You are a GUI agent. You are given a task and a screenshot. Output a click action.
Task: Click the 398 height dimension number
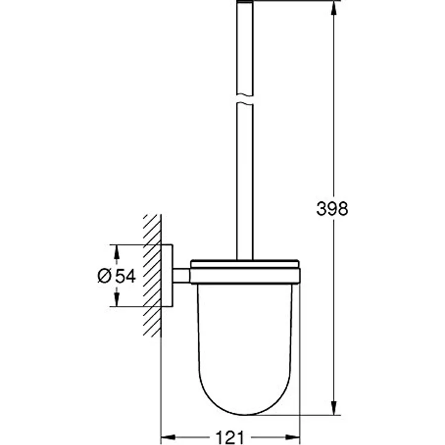coord(332,209)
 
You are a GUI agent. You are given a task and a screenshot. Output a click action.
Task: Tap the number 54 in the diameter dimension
coord(125,276)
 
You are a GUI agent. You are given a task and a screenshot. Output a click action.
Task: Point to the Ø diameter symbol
coord(104,276)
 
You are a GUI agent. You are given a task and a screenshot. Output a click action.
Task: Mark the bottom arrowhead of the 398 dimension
coord(333,409)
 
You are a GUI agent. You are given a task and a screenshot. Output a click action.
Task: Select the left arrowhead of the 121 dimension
coord(166,436)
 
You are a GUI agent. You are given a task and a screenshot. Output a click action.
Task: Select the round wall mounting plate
coord(167,275)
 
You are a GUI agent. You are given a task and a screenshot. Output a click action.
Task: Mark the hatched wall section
coord(152,276)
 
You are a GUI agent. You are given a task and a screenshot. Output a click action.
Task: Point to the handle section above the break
coord(245,48)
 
